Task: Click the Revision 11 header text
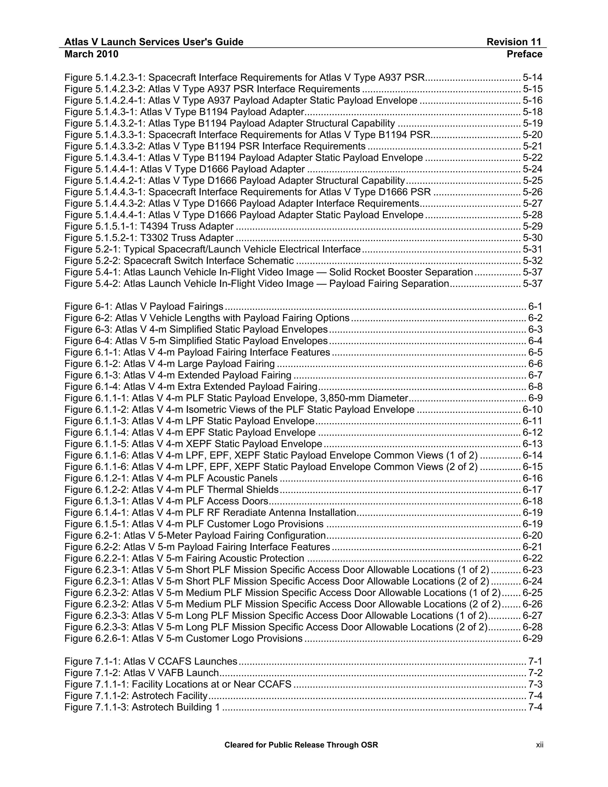[x=514, y=42]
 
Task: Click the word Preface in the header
[x=524, y=54]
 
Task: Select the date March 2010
[x=91, y=54]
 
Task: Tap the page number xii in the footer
[x=539, y=745]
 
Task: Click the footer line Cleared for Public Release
[x=301, y=745]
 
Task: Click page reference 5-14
[x=532, y=78]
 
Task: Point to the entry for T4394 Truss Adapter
[x=149, y=226]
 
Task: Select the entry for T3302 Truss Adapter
[x=149, y=238]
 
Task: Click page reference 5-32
[x=532, y=260]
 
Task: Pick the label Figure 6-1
[x=88, y=306]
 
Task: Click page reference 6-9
[x=535, y=398]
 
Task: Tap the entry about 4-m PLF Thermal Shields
[x=172, y=489]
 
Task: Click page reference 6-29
[x=532, y=639]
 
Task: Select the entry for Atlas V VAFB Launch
[x=142, y=673]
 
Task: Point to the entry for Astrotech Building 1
[x=142, y=707]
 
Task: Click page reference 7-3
[x=535, y=684]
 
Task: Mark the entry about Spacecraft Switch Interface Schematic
[x=179, y=260]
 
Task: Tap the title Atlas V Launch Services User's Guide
[x=154, y=42]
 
